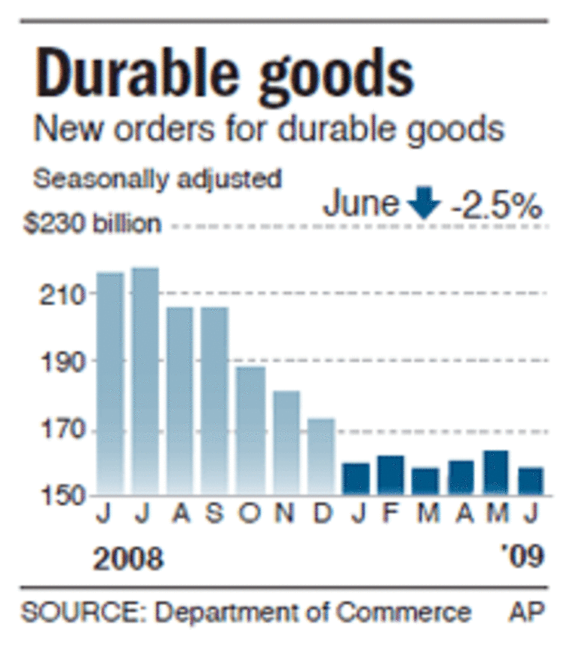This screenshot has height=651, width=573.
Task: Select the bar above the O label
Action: coord(250,429)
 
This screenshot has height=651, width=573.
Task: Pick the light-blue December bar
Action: coord(320,456)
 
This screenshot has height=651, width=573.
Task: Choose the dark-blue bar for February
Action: coord(391,475)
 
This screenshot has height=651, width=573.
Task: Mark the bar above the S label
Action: coord(215,399)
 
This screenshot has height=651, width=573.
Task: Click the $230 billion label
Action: coord(91,224)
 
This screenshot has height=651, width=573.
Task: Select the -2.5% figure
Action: coord(496,205)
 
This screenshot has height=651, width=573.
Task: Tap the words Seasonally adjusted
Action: coord(158,181)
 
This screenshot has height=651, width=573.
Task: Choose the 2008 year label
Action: coord(128,558)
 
